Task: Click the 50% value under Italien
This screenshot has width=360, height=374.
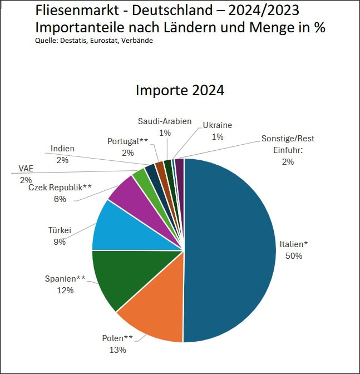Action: (x=293, y=256)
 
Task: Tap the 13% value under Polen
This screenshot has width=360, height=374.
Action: (x=117, y=350)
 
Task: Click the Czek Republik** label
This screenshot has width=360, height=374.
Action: (x=60, y=188)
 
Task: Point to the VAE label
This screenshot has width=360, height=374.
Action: (x=26, y=169)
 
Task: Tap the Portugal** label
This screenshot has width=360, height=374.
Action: (x=127, y=141)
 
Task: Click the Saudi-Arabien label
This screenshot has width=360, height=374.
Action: (x=165, y=121)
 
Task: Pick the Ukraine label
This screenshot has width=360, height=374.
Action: (x=217, y=125)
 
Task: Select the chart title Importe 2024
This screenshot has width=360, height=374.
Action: (x=180, y=91)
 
